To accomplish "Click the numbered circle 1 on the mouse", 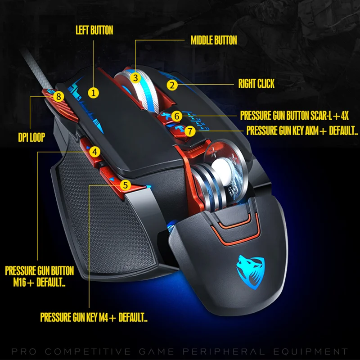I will [93, 93].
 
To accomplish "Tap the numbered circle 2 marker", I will [171, 84].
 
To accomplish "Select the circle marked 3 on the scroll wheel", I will [135, 77].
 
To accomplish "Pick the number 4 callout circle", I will [94, 152].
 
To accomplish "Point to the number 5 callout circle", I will [126, 184].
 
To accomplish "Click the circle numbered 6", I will [177, 116].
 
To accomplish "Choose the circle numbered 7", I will [190, 131].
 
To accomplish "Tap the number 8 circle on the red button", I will [58, 96].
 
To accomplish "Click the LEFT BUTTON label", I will [94, 31].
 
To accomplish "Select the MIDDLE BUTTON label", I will [214, 40].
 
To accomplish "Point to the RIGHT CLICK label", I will [256, 84].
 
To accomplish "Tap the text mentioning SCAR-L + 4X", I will [294, 116].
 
